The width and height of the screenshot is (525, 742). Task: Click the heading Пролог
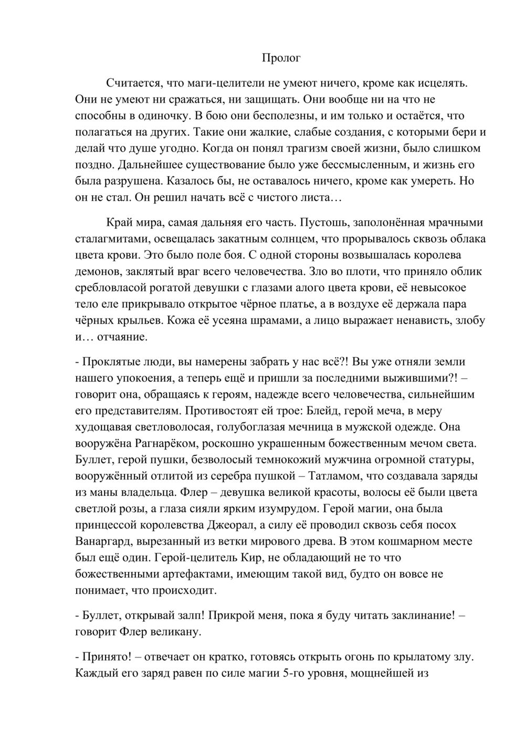point(281,58)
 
